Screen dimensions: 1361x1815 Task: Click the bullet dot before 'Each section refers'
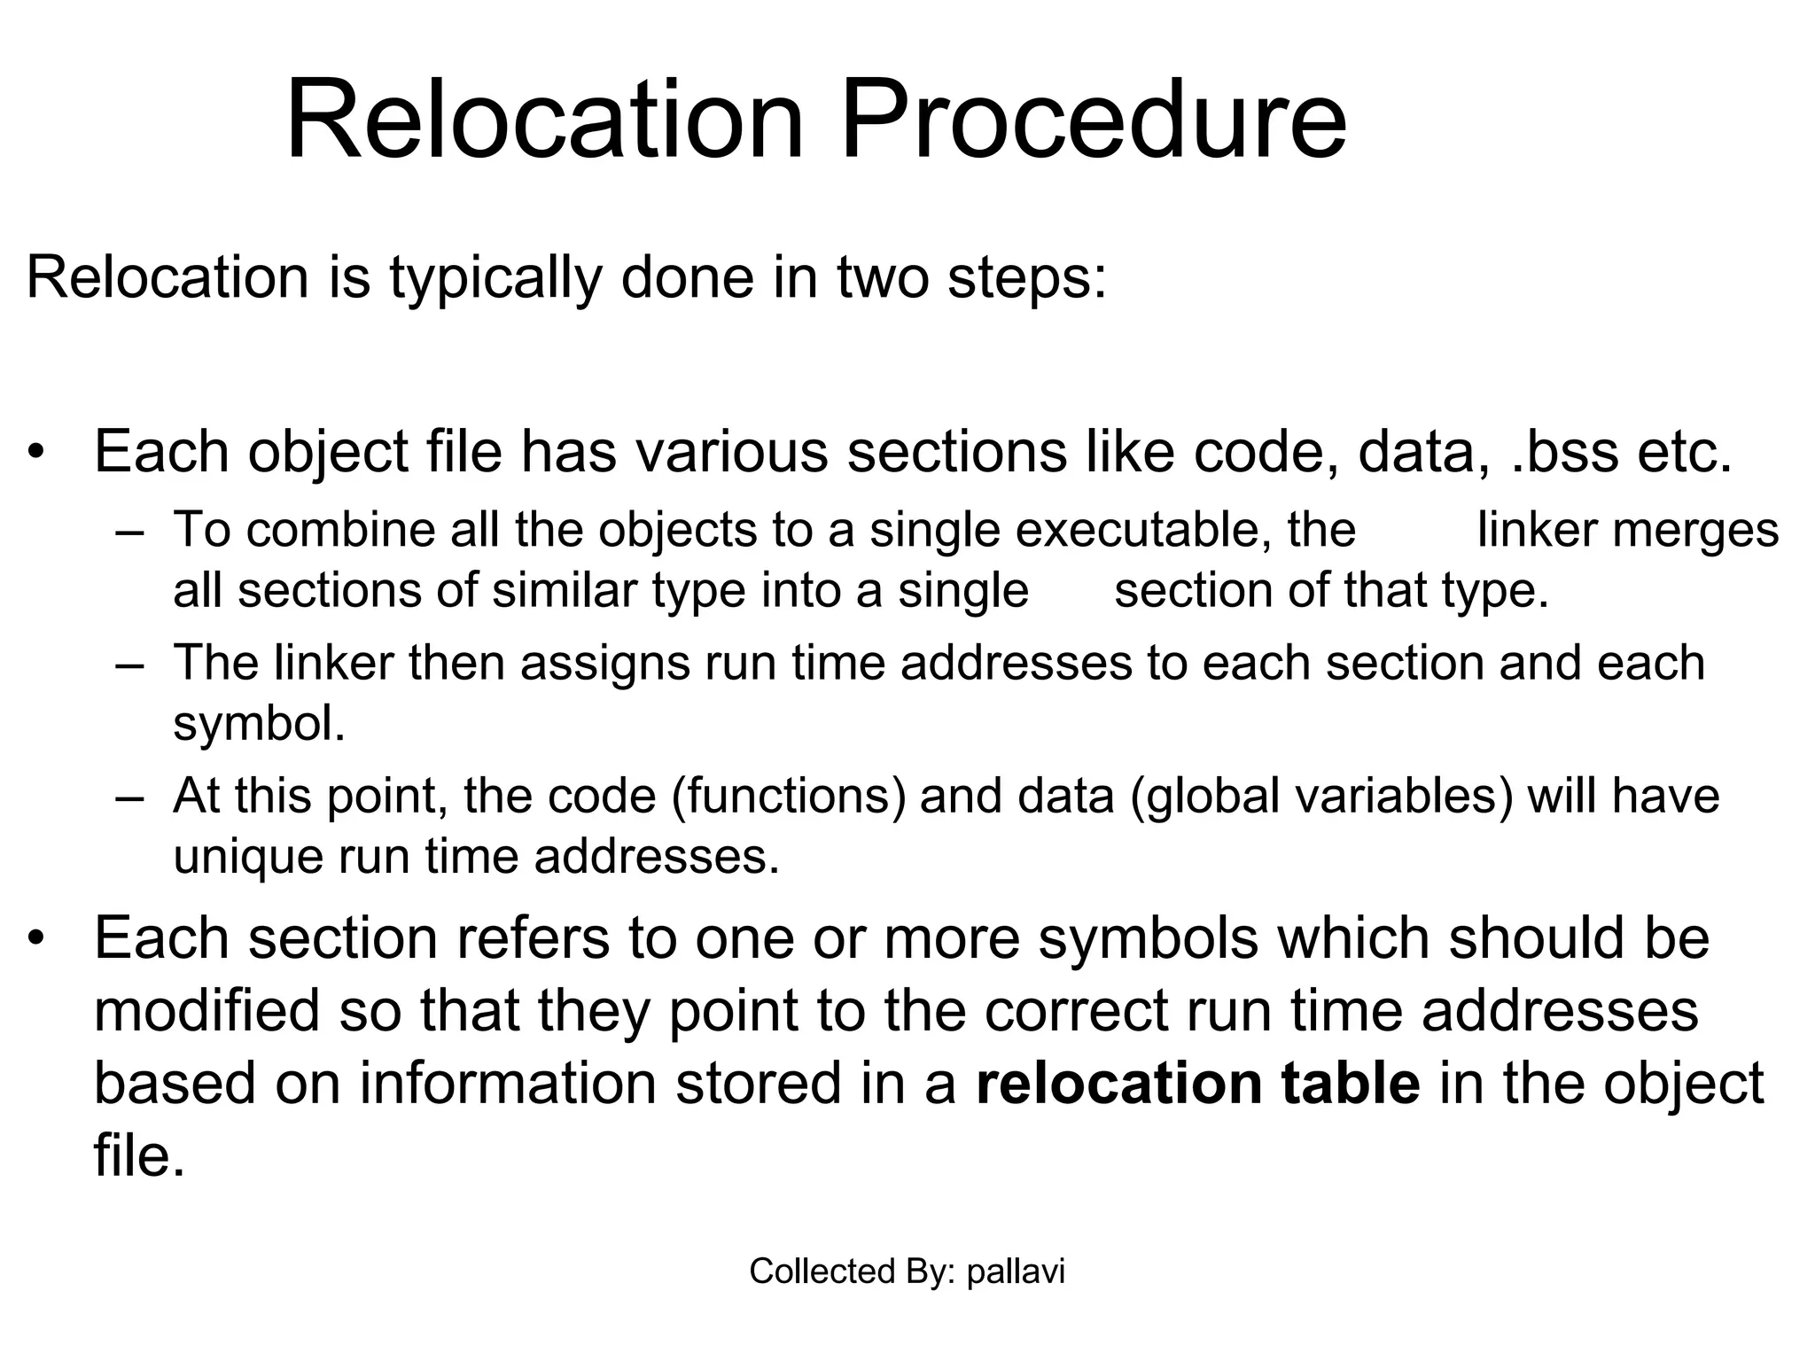point(35,938)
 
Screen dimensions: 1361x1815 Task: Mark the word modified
point(206,1011)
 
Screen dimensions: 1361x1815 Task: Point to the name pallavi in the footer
point(1016,1272)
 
